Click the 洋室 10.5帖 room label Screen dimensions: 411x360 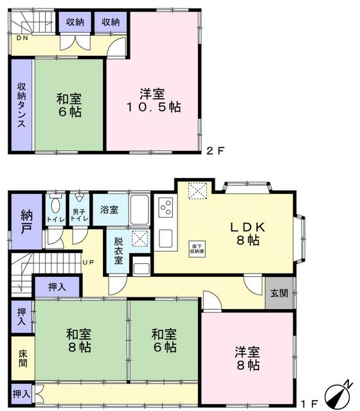coord(157,100)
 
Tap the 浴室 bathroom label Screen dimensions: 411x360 coord(109,209)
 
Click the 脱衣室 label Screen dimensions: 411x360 coord(119,251)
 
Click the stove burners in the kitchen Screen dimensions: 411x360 coord(165,208)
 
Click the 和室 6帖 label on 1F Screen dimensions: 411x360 coord(164,340)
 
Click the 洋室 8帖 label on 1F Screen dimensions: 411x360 coord(246,358)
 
